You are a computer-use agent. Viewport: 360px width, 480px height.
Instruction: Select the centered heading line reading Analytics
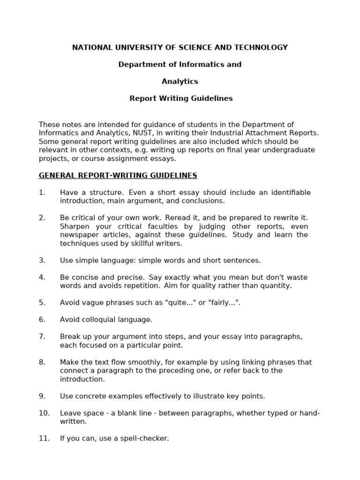(180, 82)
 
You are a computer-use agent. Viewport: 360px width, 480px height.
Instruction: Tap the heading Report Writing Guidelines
(181, 98)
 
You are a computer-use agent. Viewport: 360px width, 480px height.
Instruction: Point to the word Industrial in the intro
(225, 133)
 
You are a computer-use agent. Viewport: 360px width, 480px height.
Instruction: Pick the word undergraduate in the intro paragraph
(292, 150)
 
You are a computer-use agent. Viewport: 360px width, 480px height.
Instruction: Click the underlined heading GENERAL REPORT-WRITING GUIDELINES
(118, 176)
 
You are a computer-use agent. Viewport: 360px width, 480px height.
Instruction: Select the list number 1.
(42, 193)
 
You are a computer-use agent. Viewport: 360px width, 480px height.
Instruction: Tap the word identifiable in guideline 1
(287, 193)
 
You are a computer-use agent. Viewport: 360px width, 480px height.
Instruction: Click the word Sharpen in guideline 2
(74, 226)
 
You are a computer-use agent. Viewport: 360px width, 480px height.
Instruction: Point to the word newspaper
(79, 235)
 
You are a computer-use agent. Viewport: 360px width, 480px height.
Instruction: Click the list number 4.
(42, 277)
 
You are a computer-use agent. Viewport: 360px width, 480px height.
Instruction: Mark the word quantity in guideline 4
(276, 286)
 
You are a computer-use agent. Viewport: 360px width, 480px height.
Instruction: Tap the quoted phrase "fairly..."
(224, 303)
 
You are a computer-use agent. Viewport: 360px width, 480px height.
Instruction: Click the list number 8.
(42, 362)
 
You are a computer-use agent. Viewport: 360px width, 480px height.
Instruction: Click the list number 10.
(44, 413)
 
